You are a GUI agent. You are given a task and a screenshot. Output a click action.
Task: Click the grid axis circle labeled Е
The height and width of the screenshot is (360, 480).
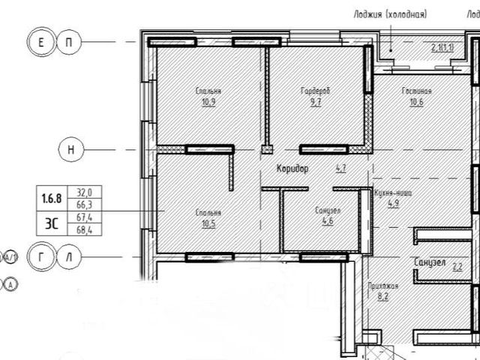[40, 43]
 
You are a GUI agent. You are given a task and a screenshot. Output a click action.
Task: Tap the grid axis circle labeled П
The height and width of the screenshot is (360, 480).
[68, 43]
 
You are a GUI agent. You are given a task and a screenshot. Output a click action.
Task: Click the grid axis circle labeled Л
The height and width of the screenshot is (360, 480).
[68, 256]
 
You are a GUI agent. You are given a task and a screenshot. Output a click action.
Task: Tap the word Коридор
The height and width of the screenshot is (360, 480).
[292, 169]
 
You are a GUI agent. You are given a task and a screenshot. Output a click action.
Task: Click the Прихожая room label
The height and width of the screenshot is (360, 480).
[382, 286]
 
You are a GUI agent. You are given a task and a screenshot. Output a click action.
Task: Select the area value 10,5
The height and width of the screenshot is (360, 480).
[208, 223]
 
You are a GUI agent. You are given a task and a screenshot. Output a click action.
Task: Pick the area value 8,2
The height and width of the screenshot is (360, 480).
[382, 296]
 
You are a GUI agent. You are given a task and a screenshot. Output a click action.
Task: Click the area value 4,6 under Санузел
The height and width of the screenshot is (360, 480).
[328, 221]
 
